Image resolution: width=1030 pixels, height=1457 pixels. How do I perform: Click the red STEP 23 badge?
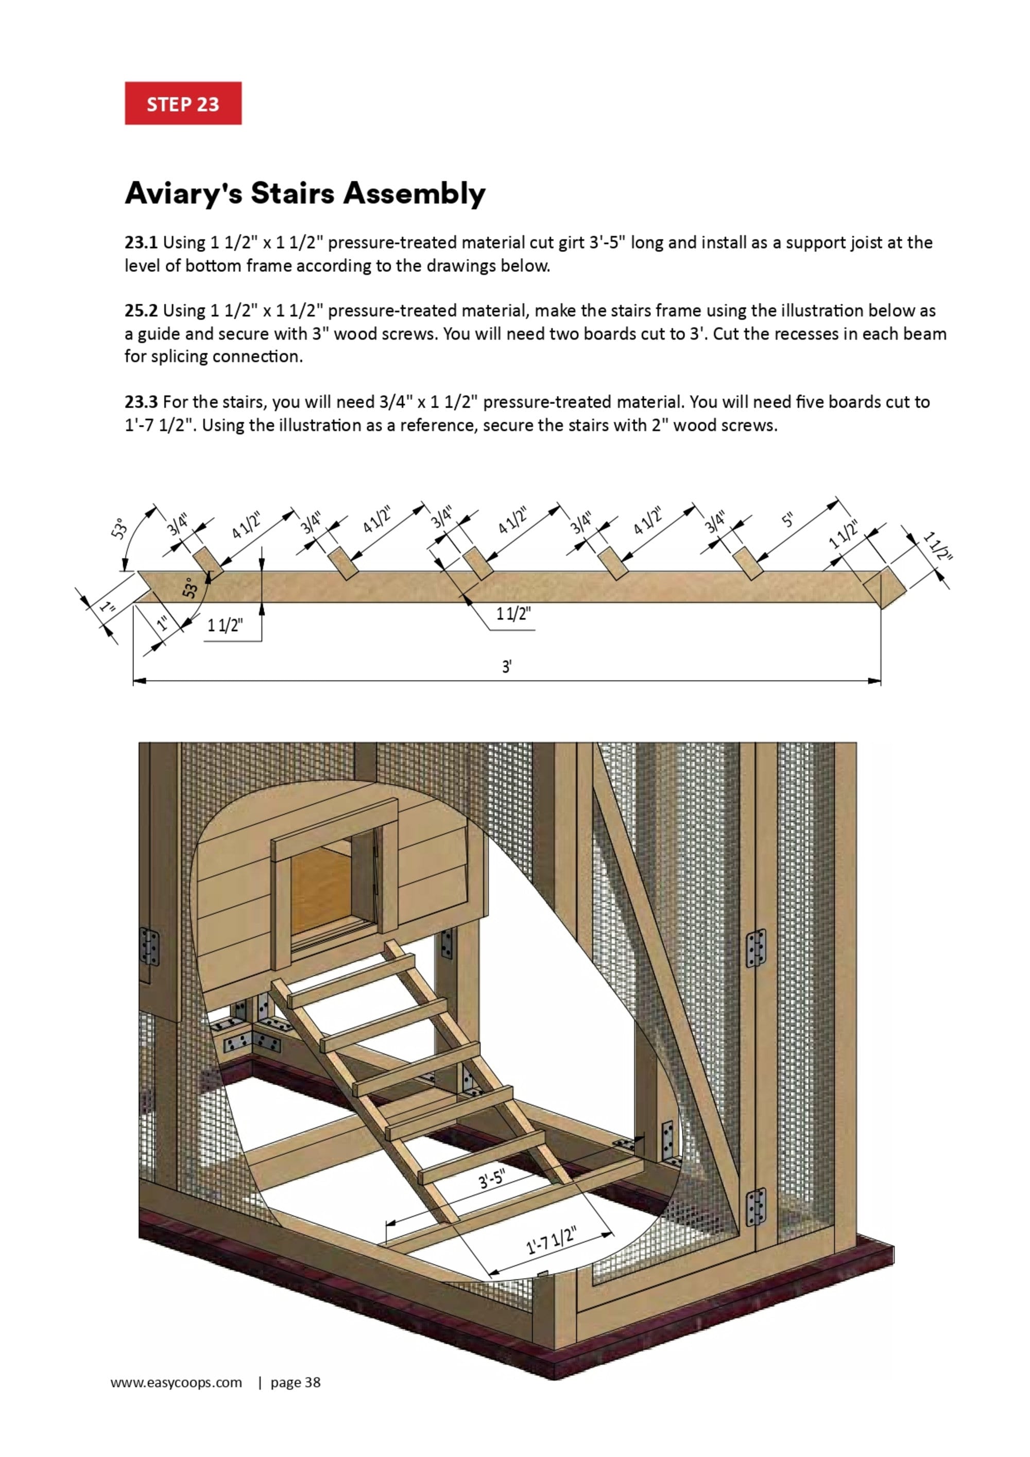tap(183, 103)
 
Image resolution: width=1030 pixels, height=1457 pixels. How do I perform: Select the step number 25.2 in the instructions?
tap(141, 310)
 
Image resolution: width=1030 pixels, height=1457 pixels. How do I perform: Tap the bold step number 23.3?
tap(141, 402)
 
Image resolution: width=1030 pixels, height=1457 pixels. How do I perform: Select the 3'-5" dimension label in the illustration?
tap(492, 1179)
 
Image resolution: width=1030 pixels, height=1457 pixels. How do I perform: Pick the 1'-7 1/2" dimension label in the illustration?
tap(552, 1240)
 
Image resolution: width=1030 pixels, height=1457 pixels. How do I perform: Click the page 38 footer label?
tap(295, 1382)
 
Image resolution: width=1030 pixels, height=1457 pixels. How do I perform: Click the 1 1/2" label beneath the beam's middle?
tap(513, 614)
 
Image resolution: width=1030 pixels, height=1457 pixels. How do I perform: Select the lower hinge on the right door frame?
tap(756, 1206)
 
